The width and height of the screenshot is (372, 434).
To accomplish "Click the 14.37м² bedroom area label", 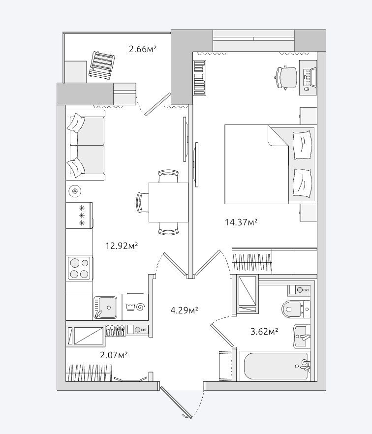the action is pyautogui.click(x=241, y=222).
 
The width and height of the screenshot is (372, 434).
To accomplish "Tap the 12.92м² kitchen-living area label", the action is pyautogui.click(x=122, y=246).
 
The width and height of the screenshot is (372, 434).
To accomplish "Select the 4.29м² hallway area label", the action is pyautogui.click(x=185, y=310).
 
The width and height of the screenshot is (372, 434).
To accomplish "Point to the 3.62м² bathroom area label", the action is pyautogui.click(x=264, y=331).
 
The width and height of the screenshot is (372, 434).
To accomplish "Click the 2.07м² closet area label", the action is pyautogui.click(x=114, y=355).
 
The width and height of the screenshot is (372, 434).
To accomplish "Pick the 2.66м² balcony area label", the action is pyautogui.click(x=143, y=49).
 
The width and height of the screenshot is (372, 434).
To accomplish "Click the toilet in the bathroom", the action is pyautogui.click(x=296, y=309).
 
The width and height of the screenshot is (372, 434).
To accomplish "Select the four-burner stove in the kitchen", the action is pyautogui.click(x=80, y=268).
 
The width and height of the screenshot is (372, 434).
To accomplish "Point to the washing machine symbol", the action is pyautogui.click(x=135, y=307).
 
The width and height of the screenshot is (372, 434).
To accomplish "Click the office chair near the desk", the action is pyautogui.click(x=286, y=77).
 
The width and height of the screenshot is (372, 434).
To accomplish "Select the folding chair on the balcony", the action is pyautogui.click(x=102, y=66).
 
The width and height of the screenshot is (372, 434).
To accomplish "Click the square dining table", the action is pyautogui.click(x=168, y=202).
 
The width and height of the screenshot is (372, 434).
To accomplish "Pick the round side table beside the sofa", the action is pyautogui.click(x=74, y=191).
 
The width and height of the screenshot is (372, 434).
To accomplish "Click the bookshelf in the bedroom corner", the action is pyautogui.click(x=200, y=78).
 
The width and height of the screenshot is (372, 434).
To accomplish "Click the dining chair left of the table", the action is pyautogui.click(x=142, y=202).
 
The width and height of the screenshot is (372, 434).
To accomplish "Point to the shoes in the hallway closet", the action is pyautogui.click(x=115, y=331).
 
